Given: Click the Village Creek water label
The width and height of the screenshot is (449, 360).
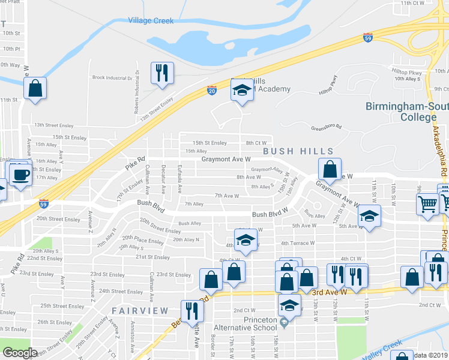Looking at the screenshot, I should [x=151, y=20].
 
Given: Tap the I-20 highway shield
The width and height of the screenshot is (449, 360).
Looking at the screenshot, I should [x=212, y=90].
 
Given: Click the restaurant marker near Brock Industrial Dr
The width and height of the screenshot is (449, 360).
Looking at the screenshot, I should [x=162, y=73].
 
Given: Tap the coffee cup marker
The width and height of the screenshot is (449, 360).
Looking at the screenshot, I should [x=20, y=174].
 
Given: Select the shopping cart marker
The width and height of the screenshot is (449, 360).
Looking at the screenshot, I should [x=428, y=204].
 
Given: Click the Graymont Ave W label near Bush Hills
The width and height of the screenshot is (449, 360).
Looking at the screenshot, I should [x=226, y=160].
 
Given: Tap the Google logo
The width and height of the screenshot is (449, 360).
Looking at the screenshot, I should [x=19, y=353].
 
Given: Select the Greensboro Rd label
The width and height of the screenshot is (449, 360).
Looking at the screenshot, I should [x=326, y=127].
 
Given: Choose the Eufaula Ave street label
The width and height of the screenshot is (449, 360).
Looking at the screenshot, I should [x=180, y=179].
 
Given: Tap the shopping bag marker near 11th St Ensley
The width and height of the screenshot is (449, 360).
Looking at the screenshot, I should [x=35, y=88].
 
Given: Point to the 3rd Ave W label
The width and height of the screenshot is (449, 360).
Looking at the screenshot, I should [x=330, y=292].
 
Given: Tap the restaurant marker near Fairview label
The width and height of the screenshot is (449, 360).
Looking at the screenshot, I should [x=192, y=310].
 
